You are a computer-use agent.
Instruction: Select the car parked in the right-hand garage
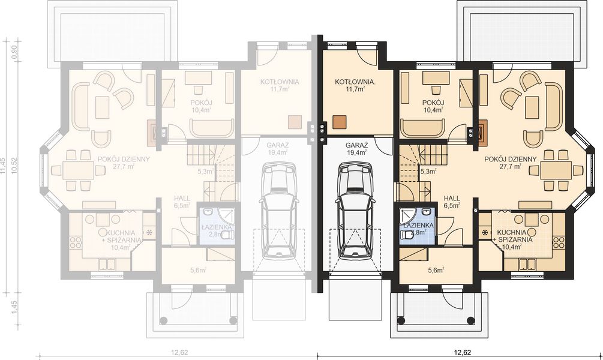coord(356,211)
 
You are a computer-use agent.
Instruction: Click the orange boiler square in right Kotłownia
coord(340,121)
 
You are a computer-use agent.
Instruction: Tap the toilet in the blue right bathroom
coord(409,236)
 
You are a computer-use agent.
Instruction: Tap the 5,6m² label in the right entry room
coord(436,270)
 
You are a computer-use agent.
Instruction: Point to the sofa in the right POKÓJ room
coord(423,127)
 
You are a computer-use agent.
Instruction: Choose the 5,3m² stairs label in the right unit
coord(428,172)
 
